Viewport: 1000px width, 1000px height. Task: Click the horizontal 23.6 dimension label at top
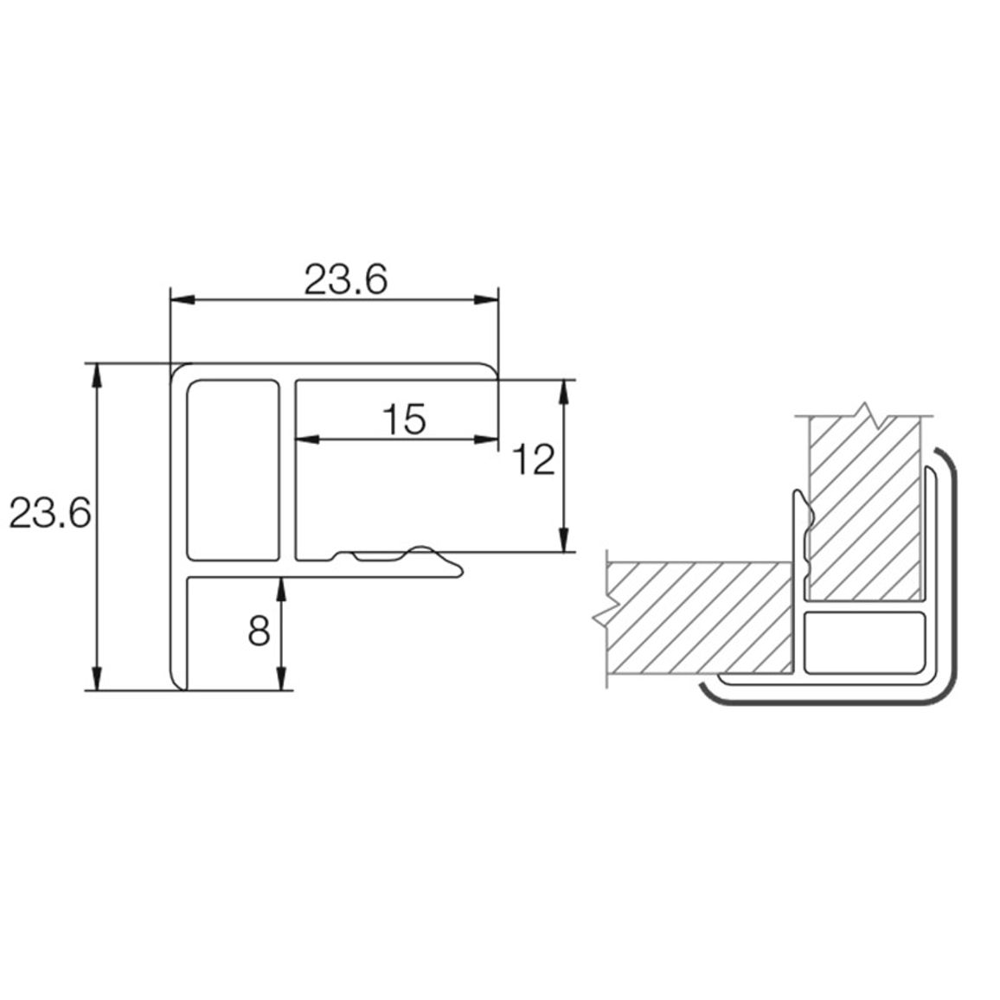point(345,280)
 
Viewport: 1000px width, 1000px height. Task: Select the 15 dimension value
point(404,420)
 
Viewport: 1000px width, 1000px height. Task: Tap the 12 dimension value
point(534,460)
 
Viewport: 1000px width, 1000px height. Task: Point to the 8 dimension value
point(259,631)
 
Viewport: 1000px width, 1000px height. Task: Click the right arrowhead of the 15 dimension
point(486,439)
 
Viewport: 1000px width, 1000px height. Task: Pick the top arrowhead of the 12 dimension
point(564,393)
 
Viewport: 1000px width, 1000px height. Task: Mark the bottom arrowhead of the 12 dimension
point(564,540)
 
